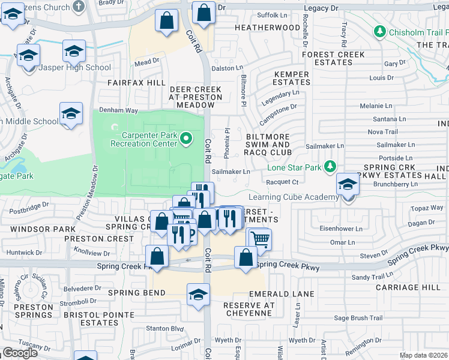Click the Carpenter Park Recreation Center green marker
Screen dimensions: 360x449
point(186,140)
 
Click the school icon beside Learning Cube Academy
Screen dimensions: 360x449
point(347,185)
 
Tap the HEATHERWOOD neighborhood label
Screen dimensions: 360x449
point(267,28)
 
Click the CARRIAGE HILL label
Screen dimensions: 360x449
point(408,287)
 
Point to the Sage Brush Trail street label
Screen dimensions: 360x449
point(358,318)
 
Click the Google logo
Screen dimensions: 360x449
point(20,353)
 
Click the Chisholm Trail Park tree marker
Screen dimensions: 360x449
point(379,31)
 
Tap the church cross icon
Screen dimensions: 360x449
point(77,6)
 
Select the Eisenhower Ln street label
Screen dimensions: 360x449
point(341,229)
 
